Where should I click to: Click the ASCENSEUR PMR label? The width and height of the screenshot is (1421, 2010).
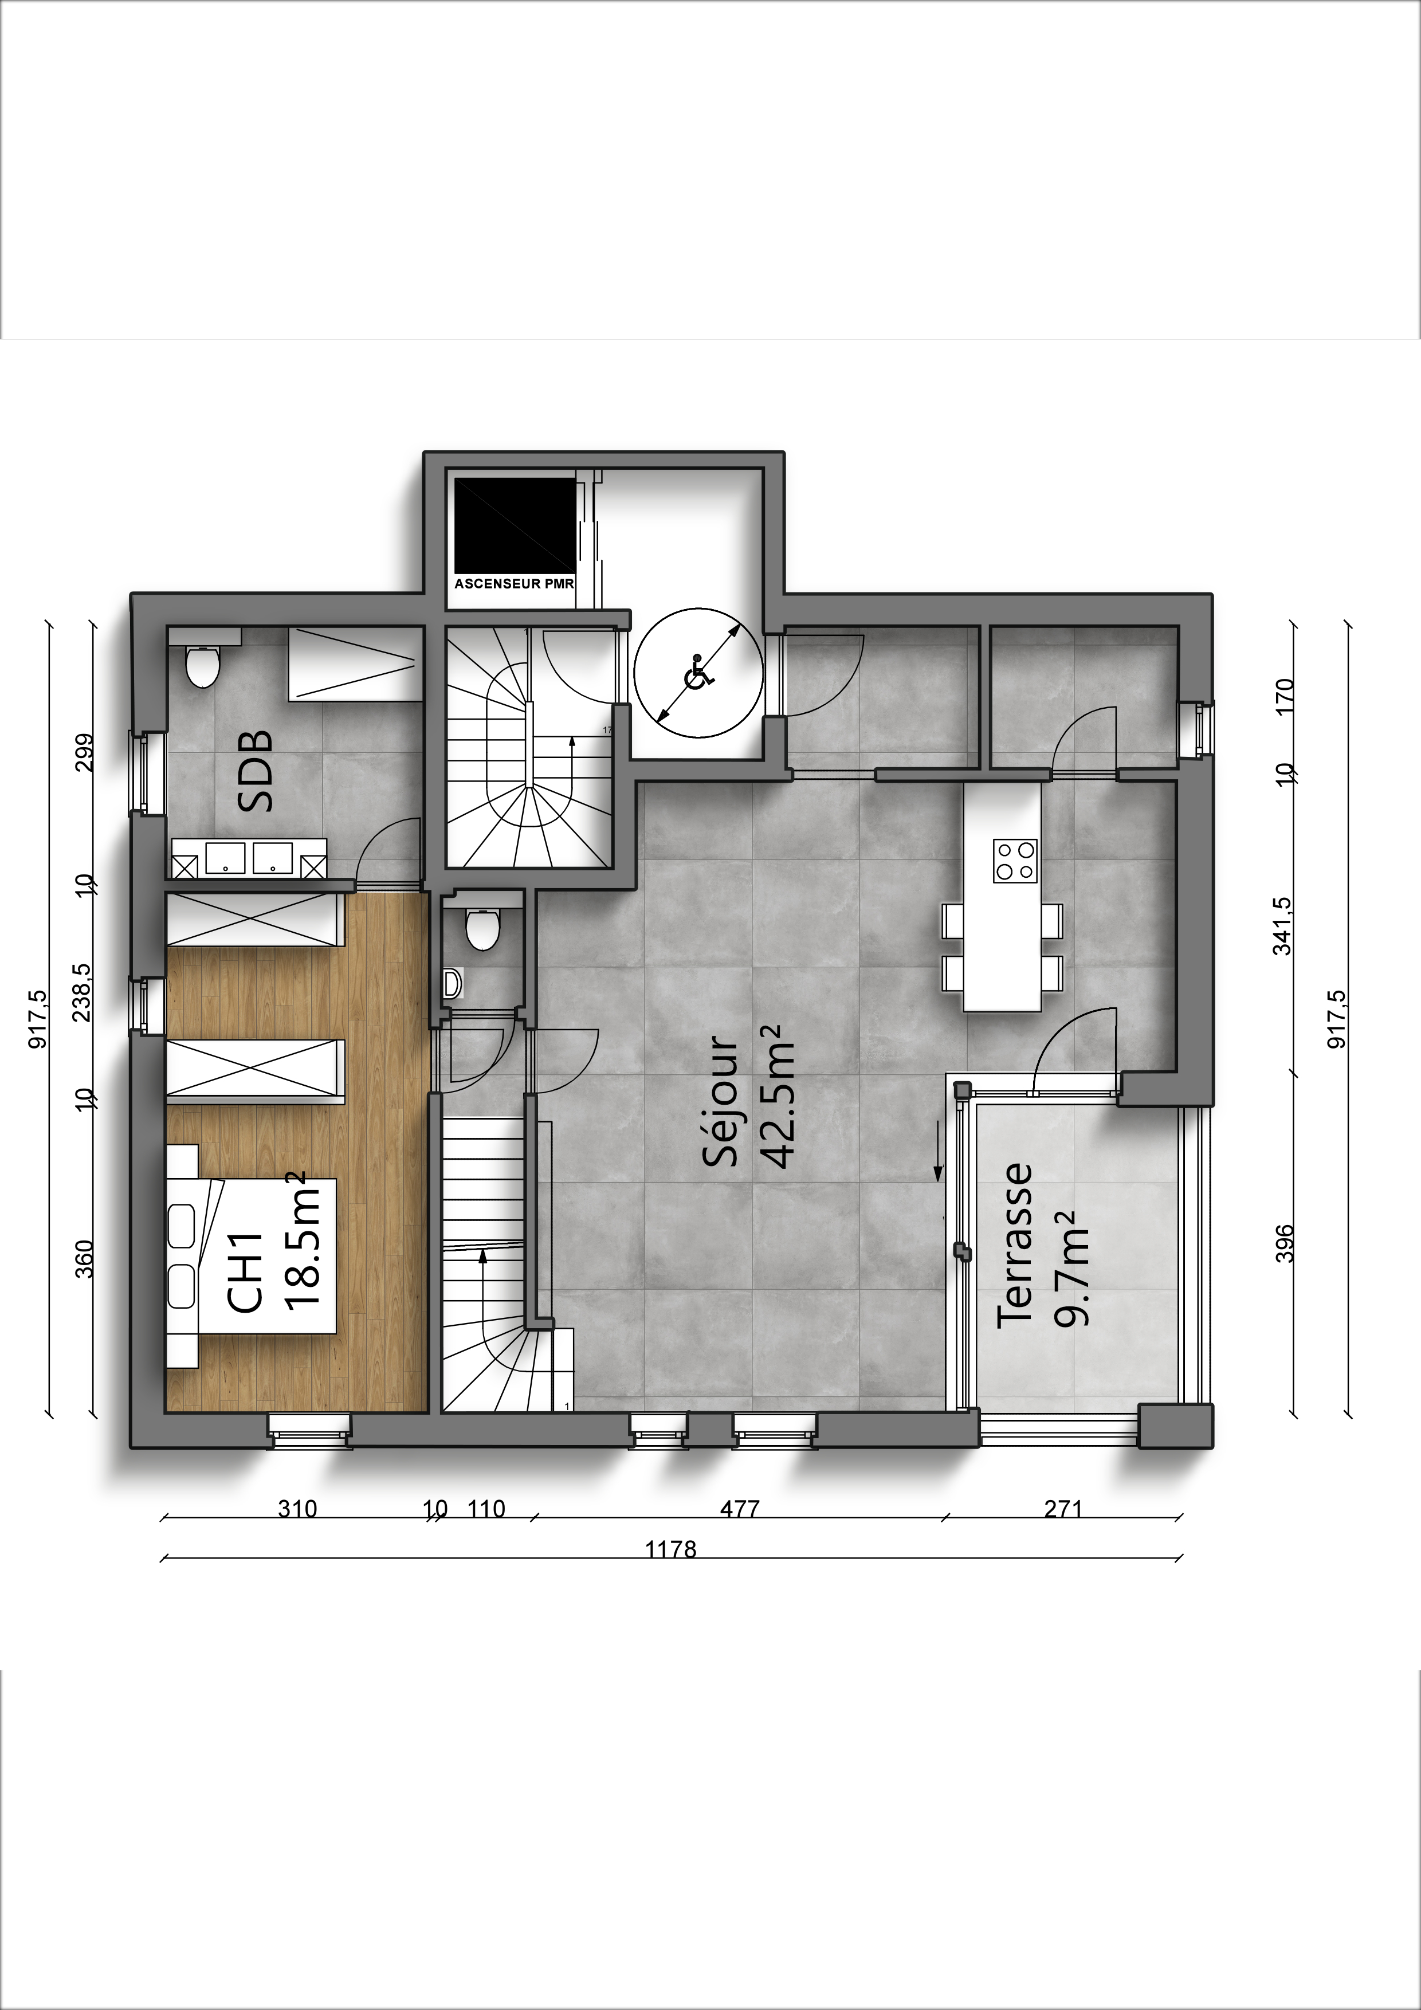tap(514, 583)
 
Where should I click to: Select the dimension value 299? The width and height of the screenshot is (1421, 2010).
tap(85, 753)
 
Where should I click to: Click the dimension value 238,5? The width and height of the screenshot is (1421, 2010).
tap(83, 993)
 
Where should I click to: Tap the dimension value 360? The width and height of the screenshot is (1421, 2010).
tap(85, 1259)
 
